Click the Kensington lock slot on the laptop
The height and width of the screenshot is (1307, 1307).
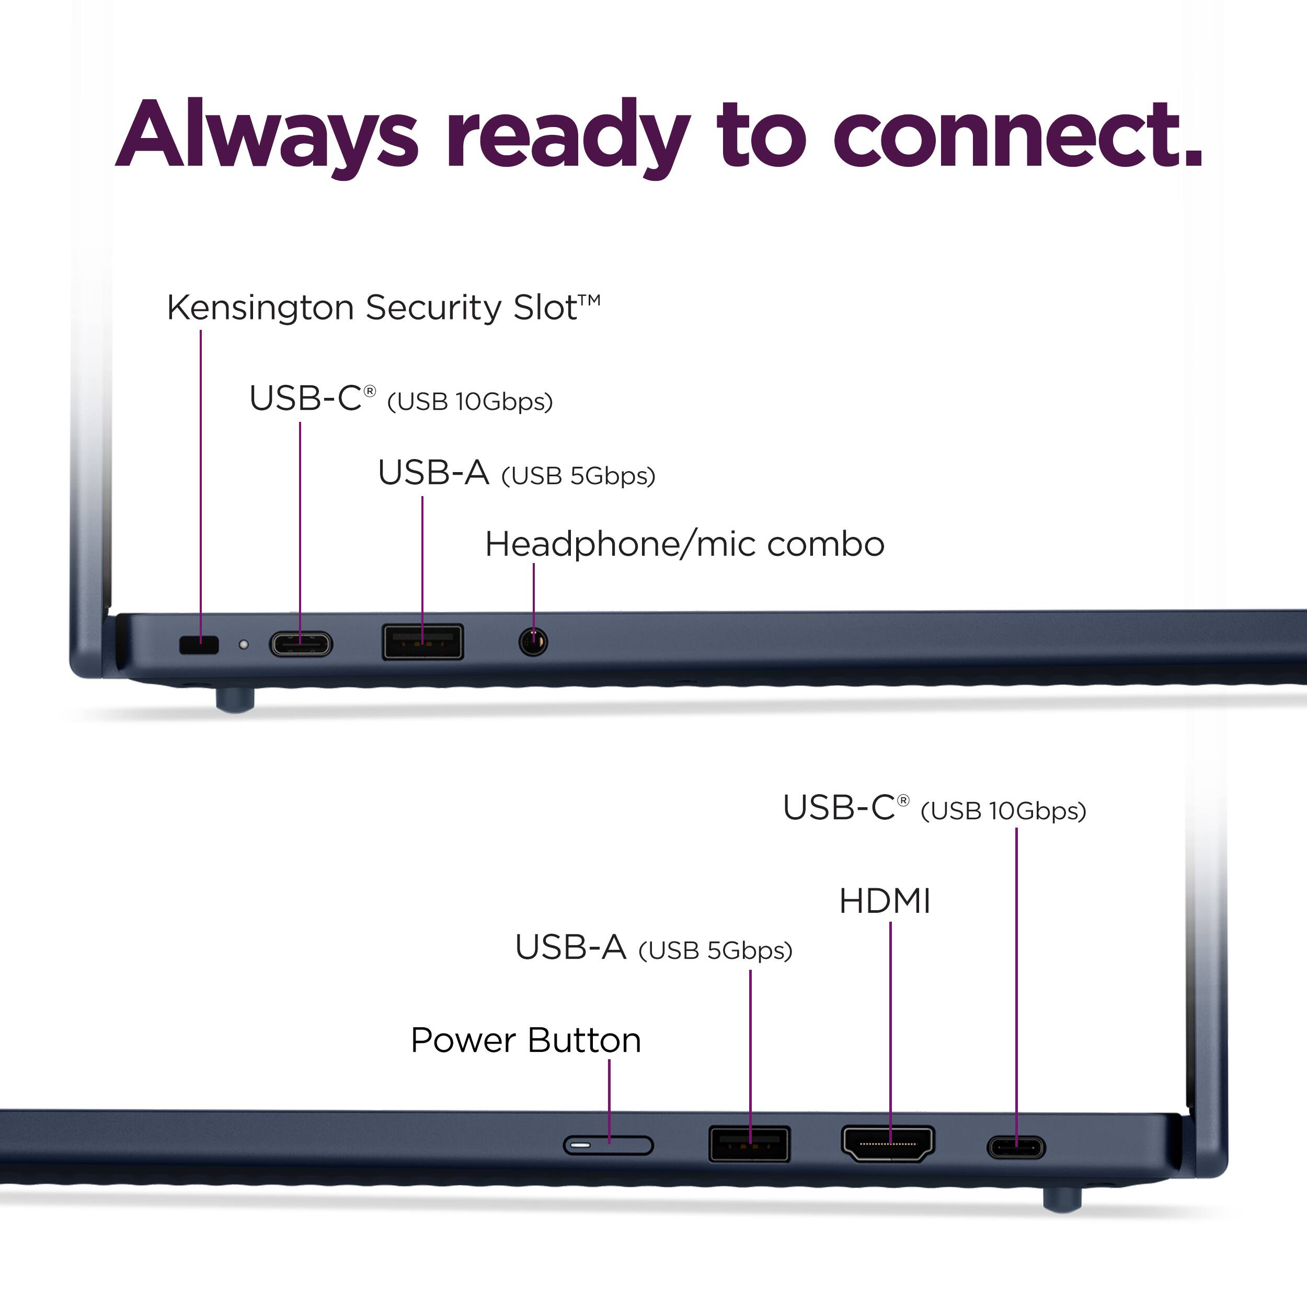click(199, 645)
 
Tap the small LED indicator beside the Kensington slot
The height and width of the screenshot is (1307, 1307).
click(244, 645)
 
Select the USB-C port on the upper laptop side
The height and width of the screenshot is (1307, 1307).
click(301, 644)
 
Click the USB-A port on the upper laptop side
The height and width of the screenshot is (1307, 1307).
click(423, 641)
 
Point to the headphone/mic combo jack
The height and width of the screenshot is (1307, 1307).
click(533, 640)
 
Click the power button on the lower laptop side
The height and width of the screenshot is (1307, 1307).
click(608, 1145)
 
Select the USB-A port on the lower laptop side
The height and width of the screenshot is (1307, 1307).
click(749, 1144)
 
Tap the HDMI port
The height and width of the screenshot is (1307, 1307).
click(888, 1143)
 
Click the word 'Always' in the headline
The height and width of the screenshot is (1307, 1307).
click(267, 135)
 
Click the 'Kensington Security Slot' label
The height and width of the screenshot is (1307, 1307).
click(383, 308)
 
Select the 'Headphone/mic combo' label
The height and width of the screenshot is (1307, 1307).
click(685, 545)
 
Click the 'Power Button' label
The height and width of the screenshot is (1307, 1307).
click(525, 1040)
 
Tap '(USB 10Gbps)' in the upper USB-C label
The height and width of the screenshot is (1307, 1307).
click(469, 402)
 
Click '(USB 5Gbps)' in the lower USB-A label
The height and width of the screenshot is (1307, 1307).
click(715, 951)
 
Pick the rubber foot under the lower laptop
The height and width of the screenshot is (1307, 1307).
click(1062, 1199)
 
